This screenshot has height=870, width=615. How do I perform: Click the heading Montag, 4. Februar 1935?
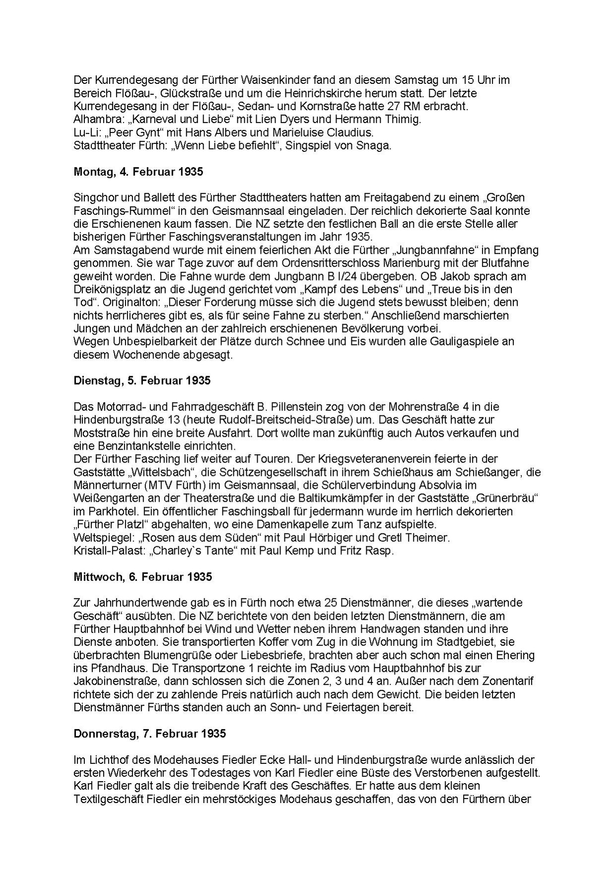pos(138,172)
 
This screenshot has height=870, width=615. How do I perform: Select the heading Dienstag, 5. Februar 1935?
pos(142,381)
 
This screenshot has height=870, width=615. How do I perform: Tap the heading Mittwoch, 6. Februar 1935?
pos(143,577)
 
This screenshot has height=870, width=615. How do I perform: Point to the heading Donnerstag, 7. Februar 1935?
pos(149,734)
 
